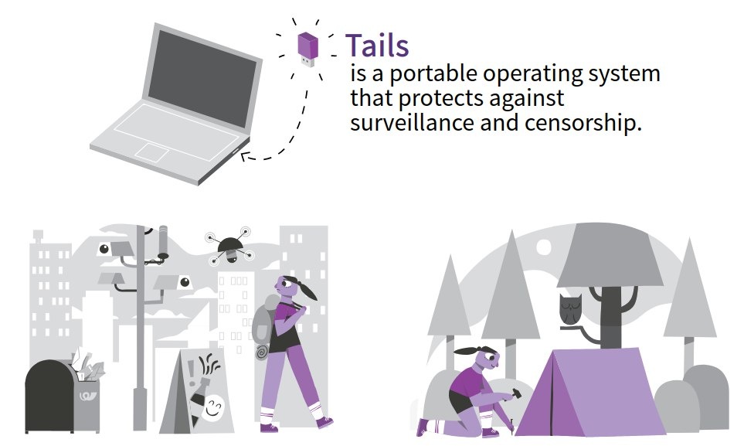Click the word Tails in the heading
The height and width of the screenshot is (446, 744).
point(376,46)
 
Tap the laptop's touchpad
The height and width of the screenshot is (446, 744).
point(152,152)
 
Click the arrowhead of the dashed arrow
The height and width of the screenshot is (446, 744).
point(244,158)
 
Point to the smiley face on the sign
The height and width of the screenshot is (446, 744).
point(214,404)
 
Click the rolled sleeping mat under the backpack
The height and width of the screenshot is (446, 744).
point(261,352)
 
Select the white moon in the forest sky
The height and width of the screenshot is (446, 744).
point(544,247)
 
